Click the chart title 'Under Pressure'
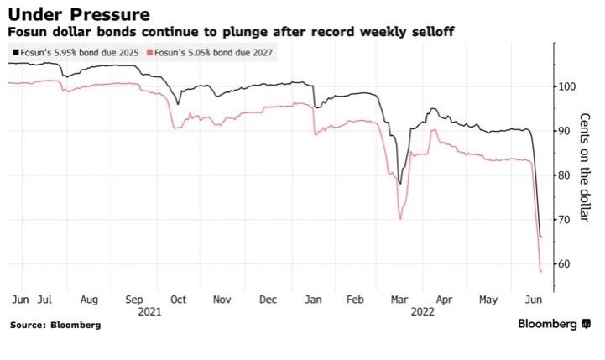point(79,14)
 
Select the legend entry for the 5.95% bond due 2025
point(75,52)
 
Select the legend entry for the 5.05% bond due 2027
point(211,52)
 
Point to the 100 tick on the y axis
point(566,86)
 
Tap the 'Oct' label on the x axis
point(177,298)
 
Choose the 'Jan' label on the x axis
point(312,298)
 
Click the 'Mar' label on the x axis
point(401,298)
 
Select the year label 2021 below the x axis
point(149,310)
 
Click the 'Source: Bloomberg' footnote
point(55,325)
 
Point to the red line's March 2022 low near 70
point(400,219)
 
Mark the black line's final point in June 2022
point(541,237)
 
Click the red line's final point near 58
point(541,272)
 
